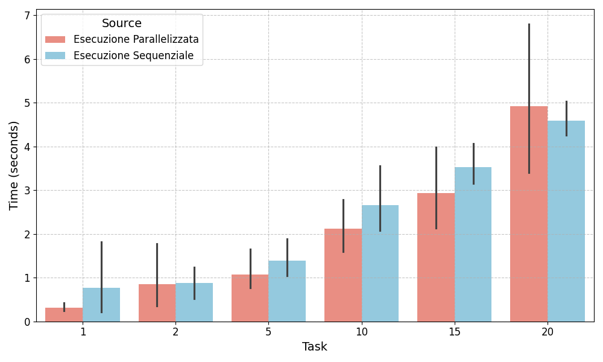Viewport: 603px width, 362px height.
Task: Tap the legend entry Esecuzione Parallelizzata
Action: [136, 39]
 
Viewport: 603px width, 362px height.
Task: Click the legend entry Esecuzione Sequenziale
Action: [133, 56]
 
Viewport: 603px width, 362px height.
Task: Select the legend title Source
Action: [122, 24]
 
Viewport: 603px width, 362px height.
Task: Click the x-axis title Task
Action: [315, 347]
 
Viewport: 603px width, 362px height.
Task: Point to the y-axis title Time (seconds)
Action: [14, 165]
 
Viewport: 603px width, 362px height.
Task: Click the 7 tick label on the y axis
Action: [27, 15]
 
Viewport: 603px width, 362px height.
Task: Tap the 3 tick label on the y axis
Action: [27, 191]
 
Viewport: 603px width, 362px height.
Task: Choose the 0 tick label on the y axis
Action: [27, 322]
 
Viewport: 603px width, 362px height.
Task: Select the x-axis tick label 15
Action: [455, 332]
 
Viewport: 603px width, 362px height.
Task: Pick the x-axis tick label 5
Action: [268, 332]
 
